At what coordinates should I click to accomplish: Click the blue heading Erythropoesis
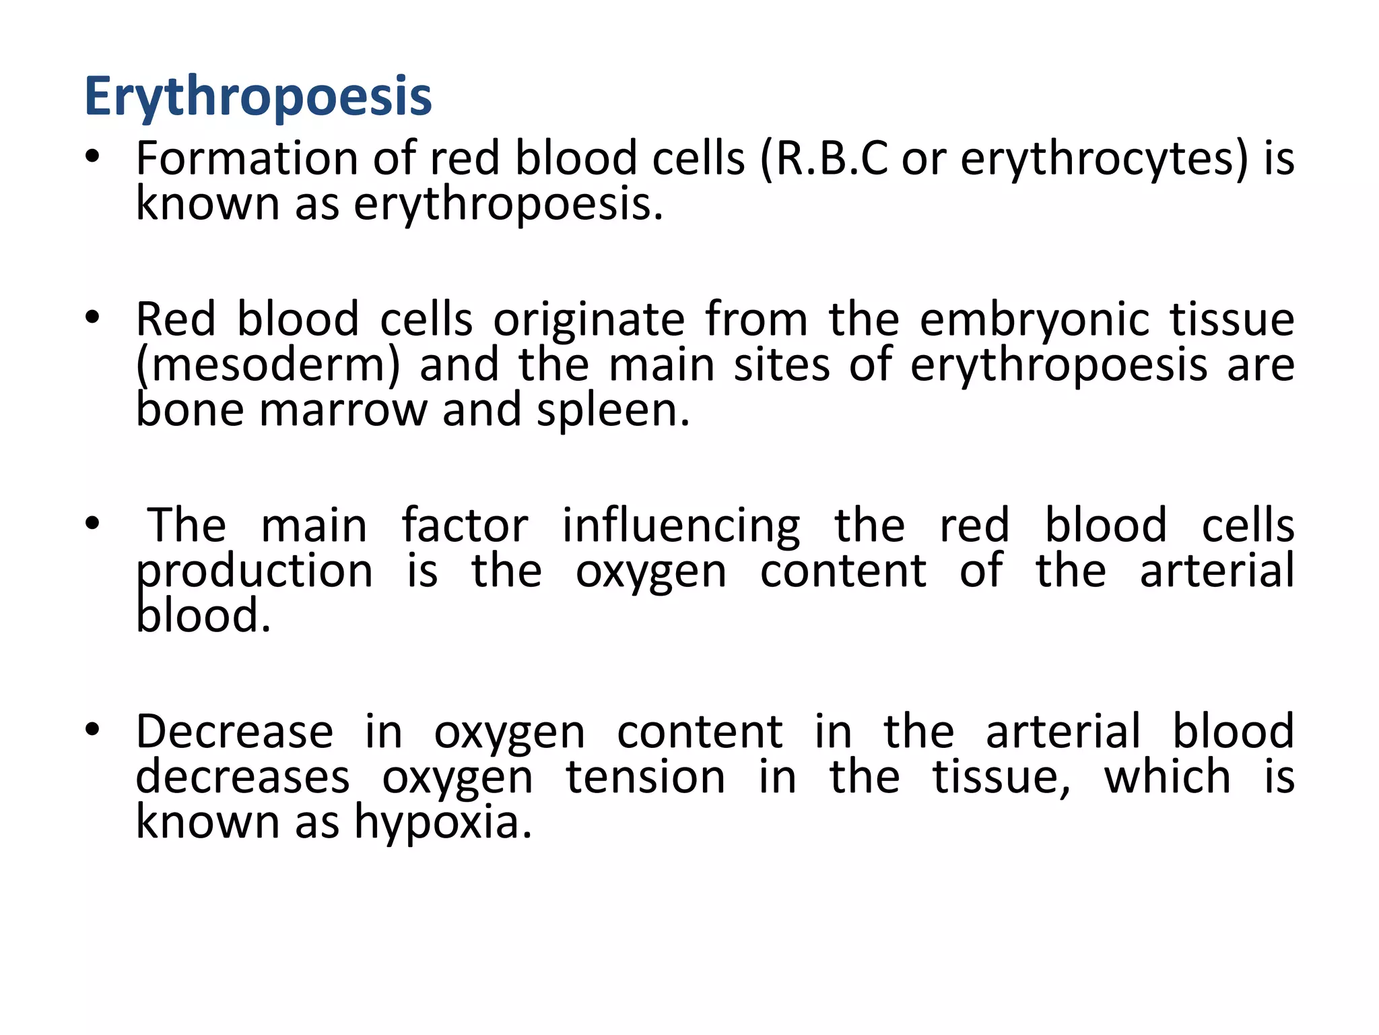tap(258, 96)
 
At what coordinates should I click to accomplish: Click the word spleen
tap(613, 411)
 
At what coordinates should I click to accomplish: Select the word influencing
tap(681, 526)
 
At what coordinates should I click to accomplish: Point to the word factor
tap(465, 526)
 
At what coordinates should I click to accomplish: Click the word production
tap(255, 572)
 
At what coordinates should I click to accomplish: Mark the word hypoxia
tap(443, 823)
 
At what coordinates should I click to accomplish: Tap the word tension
tap(645, 777)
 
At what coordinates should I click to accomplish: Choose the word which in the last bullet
tap(1168, 777)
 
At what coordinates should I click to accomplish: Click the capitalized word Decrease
tap(234, 732)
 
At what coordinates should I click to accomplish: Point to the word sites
tap(782, 365)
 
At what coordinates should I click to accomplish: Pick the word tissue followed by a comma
tap(1001, 777)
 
